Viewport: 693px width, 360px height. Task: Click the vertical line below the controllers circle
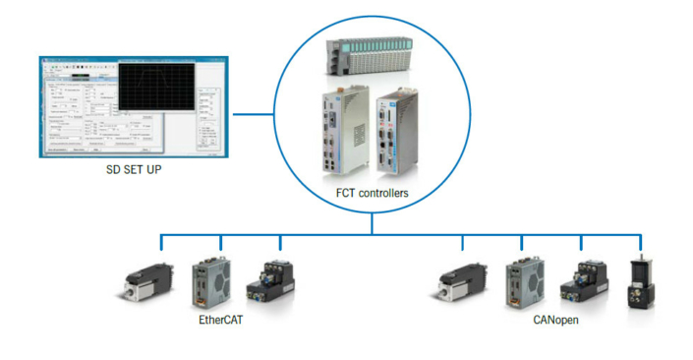tap(373, 223)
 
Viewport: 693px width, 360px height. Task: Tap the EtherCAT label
tap(220, 321)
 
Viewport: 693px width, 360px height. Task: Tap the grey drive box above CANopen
tap(521, 279)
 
